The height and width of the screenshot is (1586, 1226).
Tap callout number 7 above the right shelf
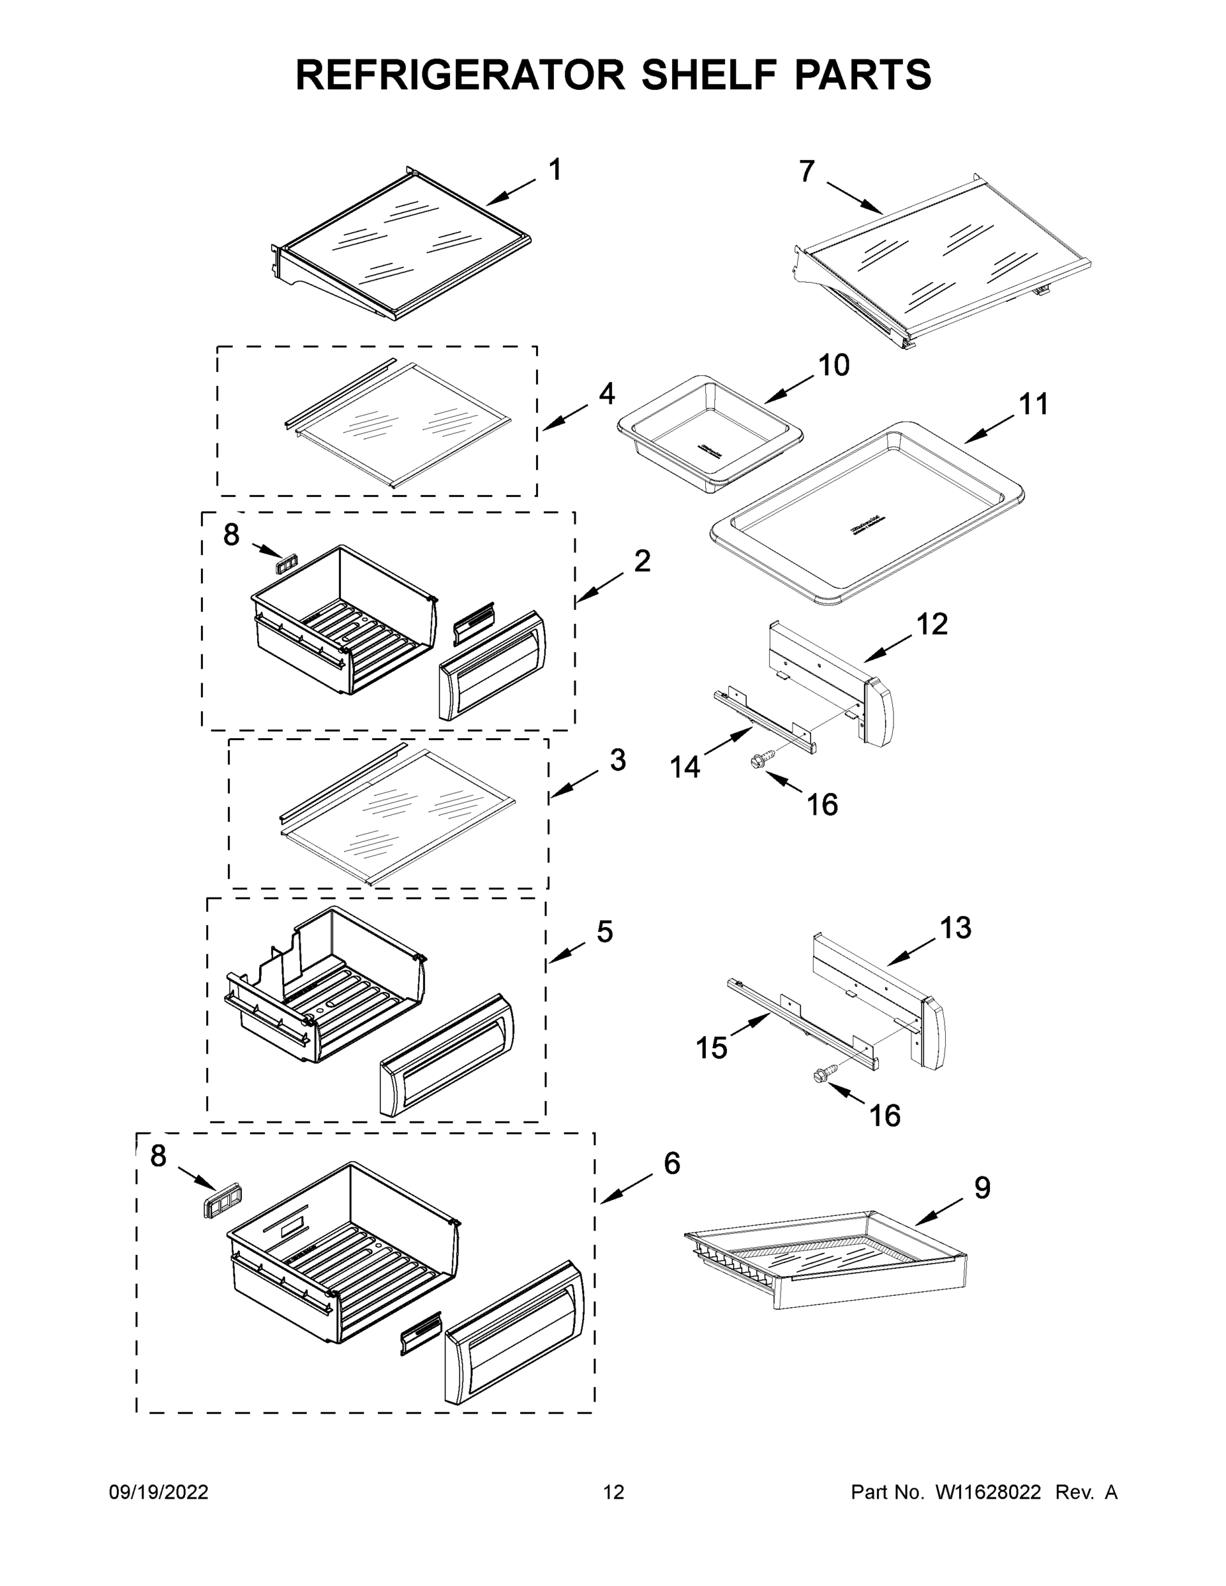click(807, 171)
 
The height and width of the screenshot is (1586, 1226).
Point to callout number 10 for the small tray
click(834, 365)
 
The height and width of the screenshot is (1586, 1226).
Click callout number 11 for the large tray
click(1034, 404)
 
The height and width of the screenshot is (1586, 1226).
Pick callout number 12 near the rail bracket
click(932, 624)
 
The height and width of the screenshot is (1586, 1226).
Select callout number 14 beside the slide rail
click(685, 766)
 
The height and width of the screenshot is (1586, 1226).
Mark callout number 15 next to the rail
click(711, 1048)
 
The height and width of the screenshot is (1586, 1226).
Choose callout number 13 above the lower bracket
click(955, 927)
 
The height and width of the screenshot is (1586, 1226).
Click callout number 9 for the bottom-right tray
click(981, 1188)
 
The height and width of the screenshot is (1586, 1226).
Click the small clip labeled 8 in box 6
click(222, 1205)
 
